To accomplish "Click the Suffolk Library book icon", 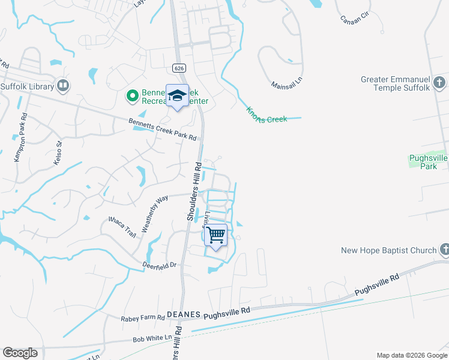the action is (63, 86).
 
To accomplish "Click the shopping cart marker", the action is (215, 235).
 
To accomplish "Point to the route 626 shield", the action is (179, 68).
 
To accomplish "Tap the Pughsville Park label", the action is (428, 162).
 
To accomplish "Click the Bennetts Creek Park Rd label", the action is (163, 129).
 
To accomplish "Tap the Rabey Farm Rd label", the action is (143, 317).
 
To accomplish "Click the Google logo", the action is (20, 353).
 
